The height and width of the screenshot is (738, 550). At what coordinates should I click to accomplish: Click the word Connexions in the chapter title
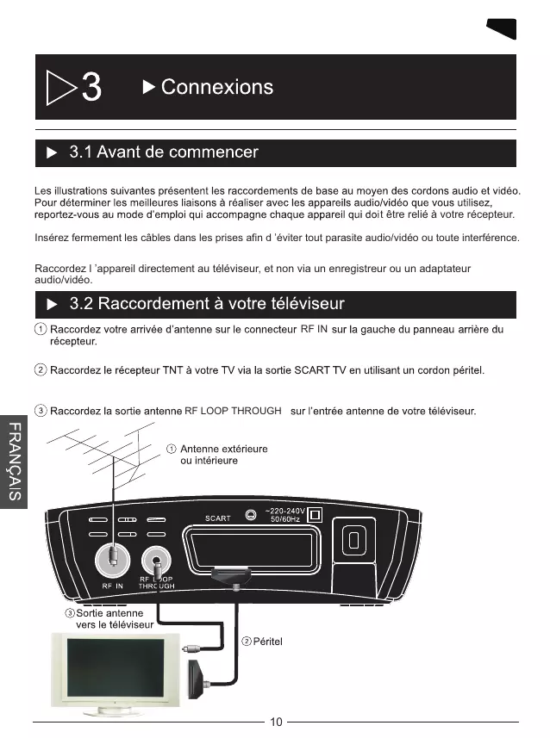216,87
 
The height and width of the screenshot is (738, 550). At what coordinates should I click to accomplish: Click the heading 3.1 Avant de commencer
163,152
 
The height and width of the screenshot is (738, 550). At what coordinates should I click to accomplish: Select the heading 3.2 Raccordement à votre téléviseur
206,303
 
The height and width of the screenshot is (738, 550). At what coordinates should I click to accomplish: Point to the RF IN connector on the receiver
113,560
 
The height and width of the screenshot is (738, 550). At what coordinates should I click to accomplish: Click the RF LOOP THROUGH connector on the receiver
157,561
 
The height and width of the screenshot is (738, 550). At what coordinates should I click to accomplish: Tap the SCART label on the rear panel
217,518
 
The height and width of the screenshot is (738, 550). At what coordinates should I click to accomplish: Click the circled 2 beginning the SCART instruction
41,370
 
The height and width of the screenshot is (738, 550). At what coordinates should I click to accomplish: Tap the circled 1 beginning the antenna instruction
41,329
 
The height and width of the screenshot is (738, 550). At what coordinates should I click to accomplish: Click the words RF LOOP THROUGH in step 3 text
233,411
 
